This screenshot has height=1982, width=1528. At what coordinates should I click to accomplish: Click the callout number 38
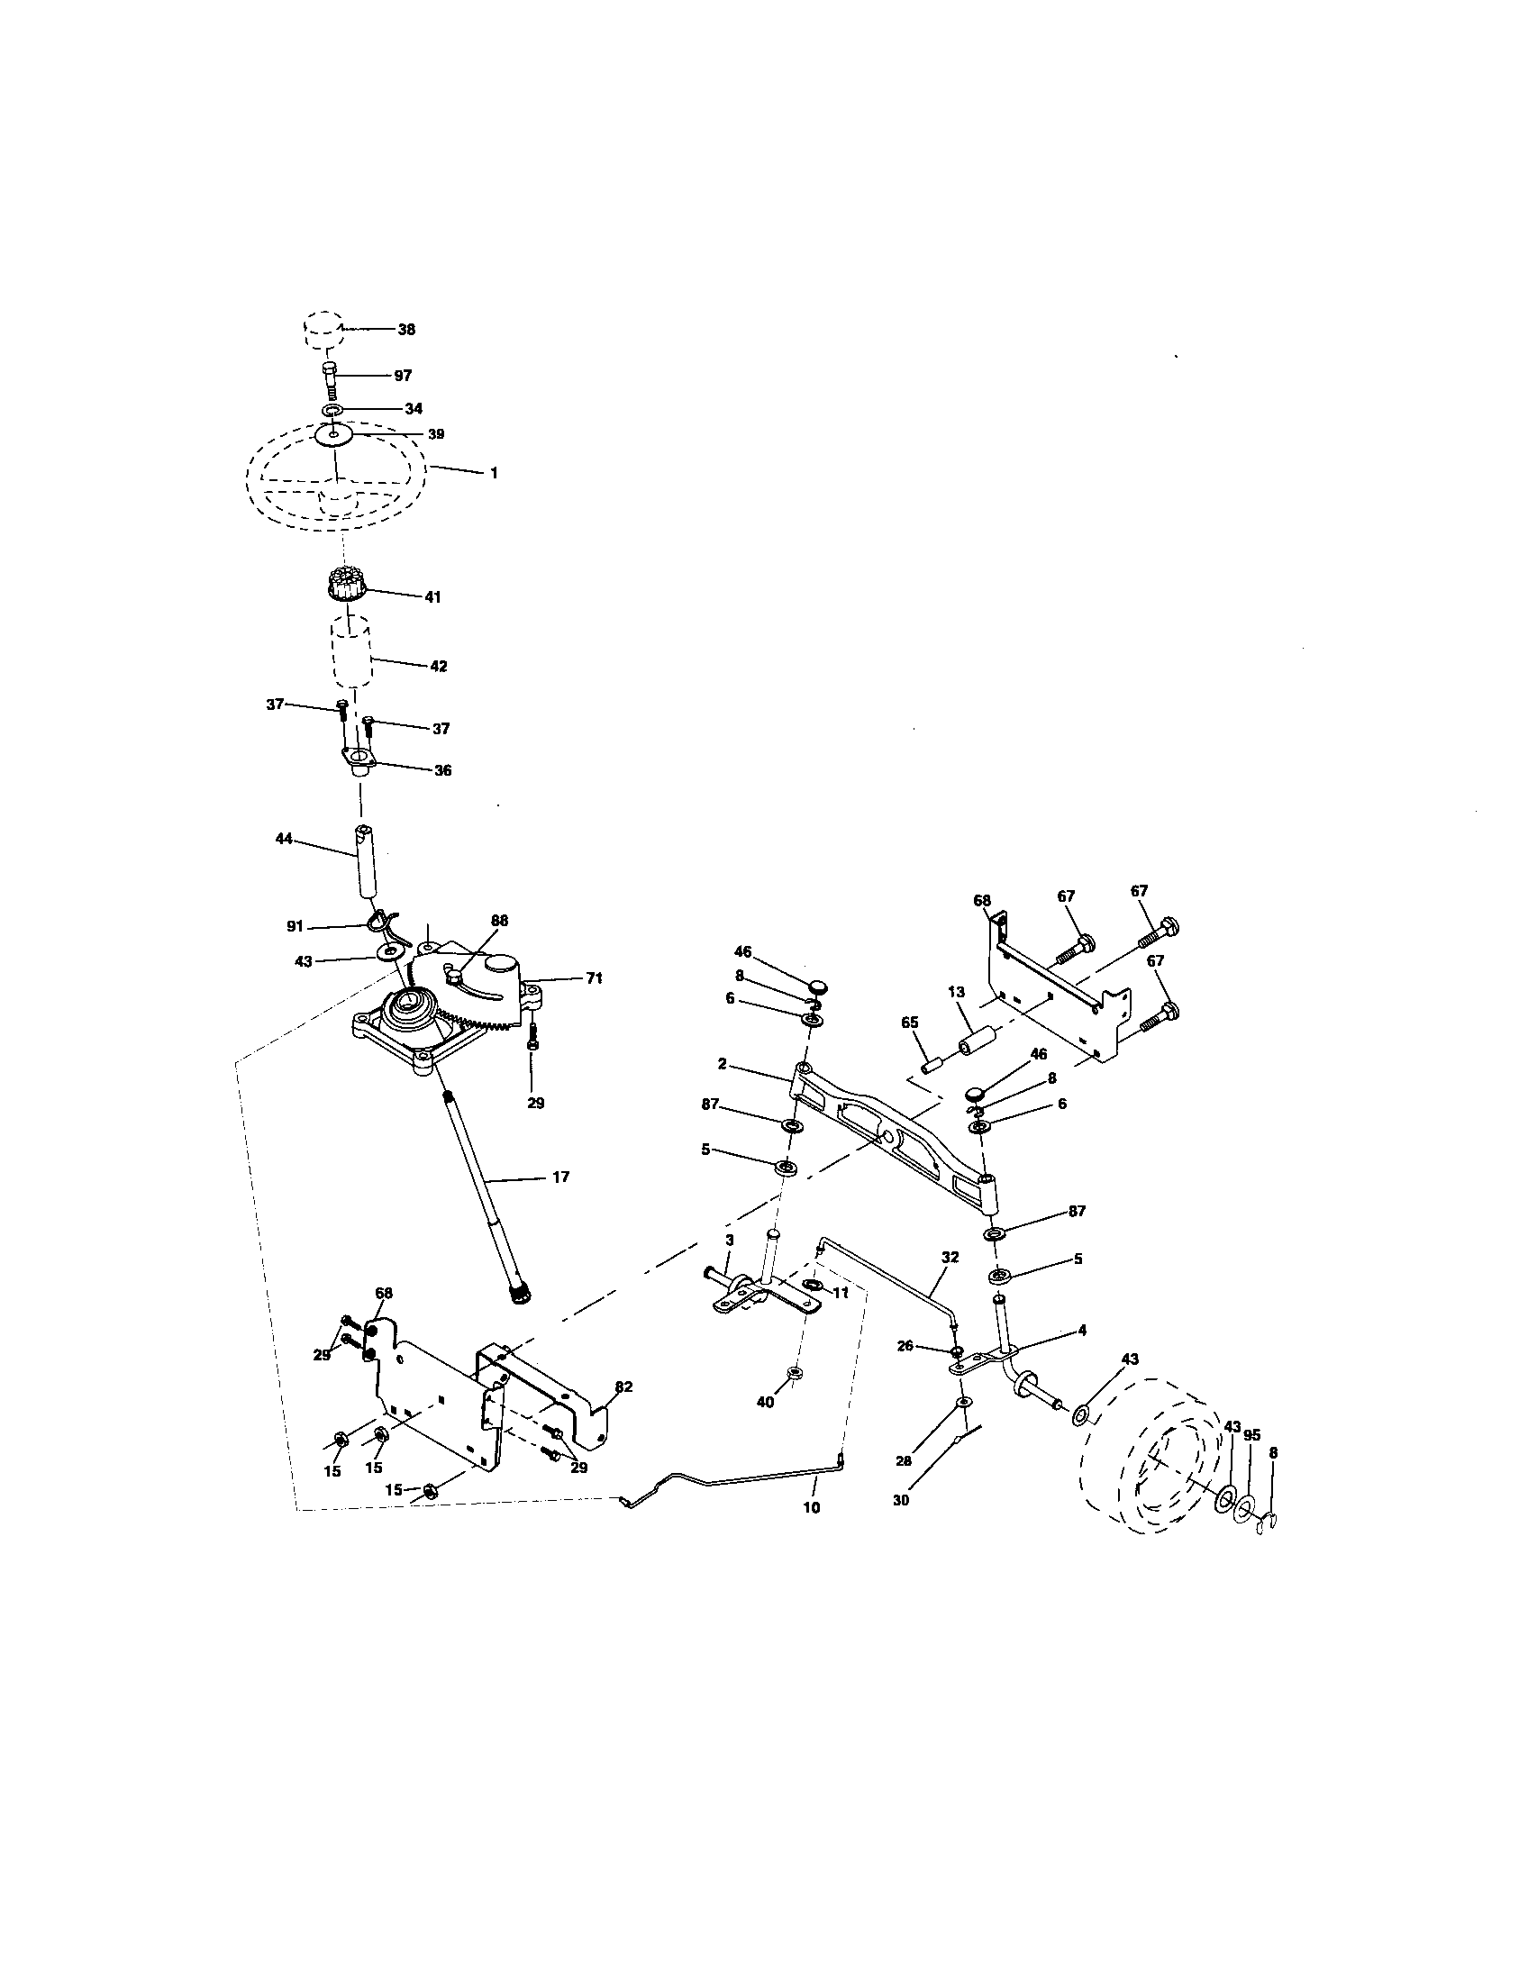(406, 330)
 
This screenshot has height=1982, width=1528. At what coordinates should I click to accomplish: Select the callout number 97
(403, 375)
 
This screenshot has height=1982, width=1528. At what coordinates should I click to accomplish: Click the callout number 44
(284, 840)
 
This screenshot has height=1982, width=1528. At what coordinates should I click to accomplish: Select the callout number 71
(593, 977)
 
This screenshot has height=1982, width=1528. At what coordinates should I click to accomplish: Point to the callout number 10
(811, 1506)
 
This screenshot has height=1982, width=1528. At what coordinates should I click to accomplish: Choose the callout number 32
(949, 1258)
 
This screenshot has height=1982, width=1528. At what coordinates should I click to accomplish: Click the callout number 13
(957, 992)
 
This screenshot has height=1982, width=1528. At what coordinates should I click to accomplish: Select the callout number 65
(910, 1022)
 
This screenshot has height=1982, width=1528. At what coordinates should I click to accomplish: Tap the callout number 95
(1252, 1436)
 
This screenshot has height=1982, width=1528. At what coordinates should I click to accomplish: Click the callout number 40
(766, 1401)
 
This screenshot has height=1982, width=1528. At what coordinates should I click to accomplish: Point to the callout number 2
(722, 1062)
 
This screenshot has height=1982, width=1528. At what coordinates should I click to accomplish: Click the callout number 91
(295, 927)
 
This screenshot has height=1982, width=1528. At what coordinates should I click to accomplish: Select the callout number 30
(900, 1500)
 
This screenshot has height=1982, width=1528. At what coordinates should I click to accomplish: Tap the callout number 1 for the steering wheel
(494, 473)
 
